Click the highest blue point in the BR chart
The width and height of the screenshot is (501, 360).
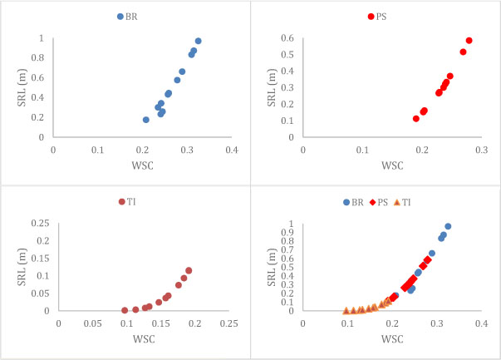(198, 41)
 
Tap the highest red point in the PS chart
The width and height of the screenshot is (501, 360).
(469, 40)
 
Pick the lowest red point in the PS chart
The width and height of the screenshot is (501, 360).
(416, 119)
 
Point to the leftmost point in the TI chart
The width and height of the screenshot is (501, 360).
(125, 310)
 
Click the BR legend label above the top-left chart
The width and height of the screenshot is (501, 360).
(131, 16)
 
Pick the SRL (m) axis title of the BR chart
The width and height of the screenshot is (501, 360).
(15, 87)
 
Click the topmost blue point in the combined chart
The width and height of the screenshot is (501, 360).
(448, 226)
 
